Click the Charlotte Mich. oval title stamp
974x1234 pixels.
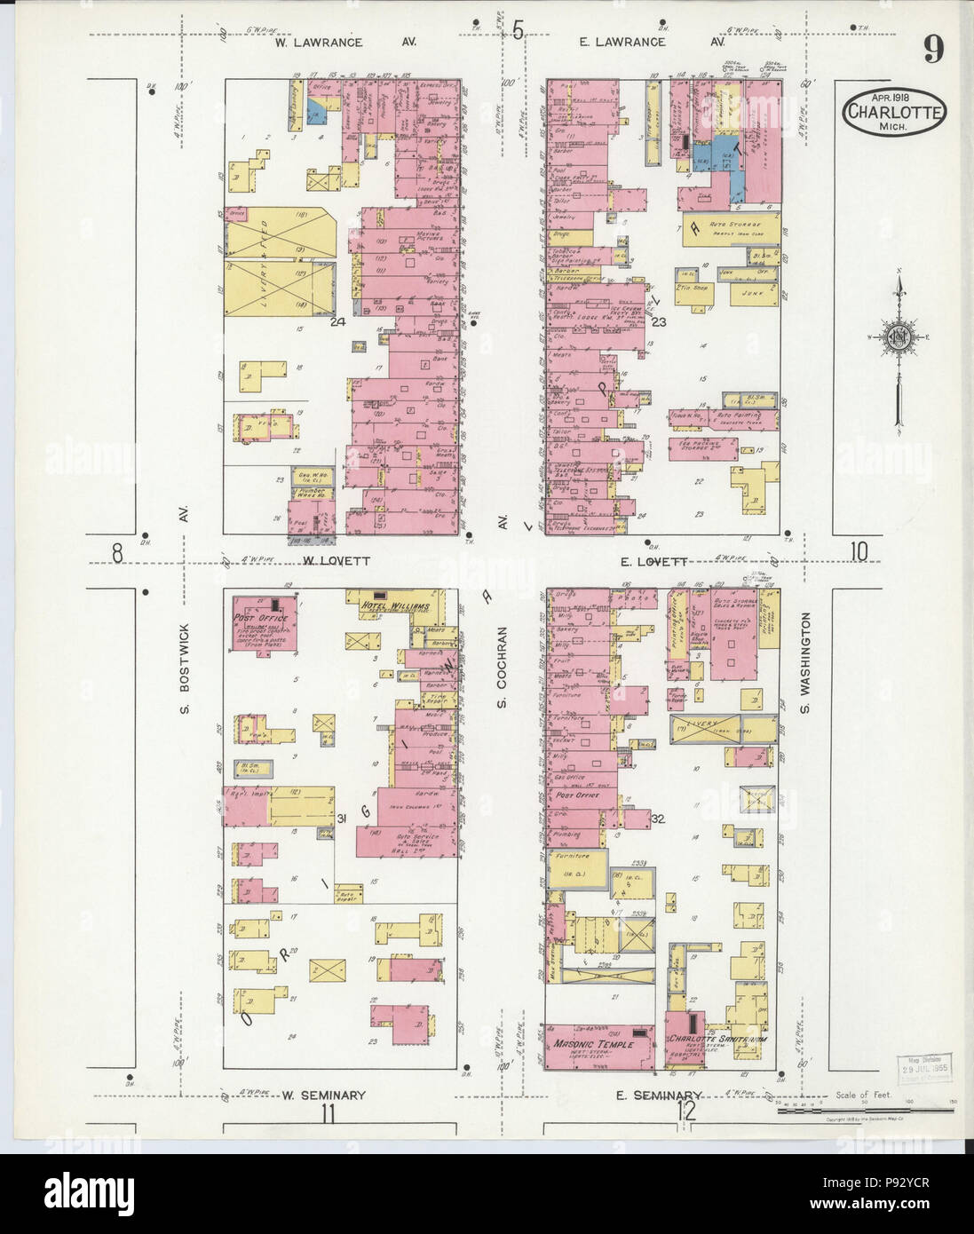[x=895, y=113]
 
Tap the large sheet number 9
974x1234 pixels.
[x=932, y=50]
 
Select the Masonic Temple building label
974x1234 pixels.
[x=594, y=1044]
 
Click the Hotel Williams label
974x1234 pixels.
[x=396, y=606]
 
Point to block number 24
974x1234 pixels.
[x=337, y=321]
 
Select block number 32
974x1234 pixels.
[x=658, y=818]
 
